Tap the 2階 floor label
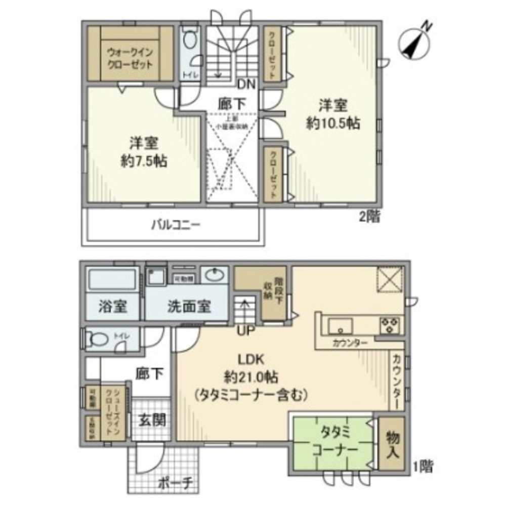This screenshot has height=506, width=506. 371,218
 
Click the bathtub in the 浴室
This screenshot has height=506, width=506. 112,279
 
